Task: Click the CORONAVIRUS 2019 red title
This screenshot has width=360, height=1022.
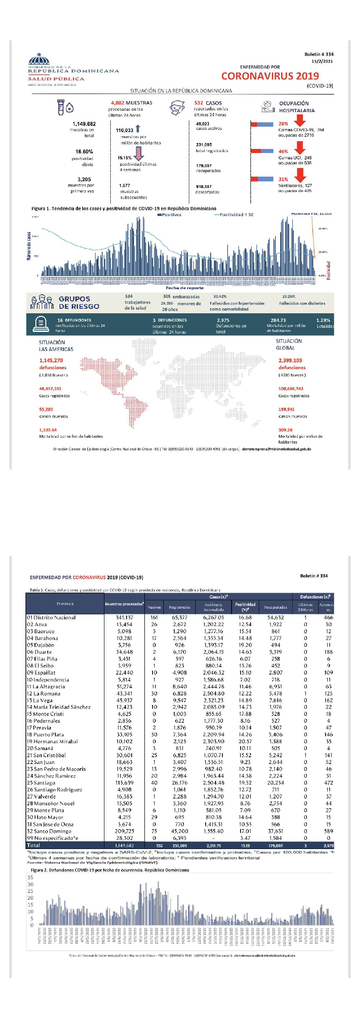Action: pyautogui.click(x=270, y=76)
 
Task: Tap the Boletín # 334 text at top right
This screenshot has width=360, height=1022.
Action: pyautogui.click(x=319, y=54)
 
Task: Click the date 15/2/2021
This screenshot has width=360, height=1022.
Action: pyautogui.click(x=322, y=61)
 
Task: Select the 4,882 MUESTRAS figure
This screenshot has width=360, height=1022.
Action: pyautogui.click(x=132, y=103)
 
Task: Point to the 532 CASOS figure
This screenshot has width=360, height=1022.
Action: pyautogui.click(x=208, y=103)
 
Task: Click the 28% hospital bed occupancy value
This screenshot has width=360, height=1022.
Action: pyautogui.click(x=283, y=123)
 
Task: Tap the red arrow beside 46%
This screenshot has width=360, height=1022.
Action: pyautogui.click(x=300, y=148)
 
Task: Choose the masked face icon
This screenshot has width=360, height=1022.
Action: pyautogui.click(x=178, y=108)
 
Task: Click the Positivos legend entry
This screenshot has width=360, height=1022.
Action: pyautogui.click(x=169, y=215)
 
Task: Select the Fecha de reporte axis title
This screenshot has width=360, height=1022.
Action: pyautogui.click(x=184, y=288)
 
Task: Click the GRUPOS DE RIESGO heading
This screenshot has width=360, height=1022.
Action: pyautogui.click(x=78, y=302)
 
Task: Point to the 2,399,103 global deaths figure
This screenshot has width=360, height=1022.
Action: pyautogui.click(x=290, y=360)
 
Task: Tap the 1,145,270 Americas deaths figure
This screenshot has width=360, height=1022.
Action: pyautogui.click(x=51, y=360)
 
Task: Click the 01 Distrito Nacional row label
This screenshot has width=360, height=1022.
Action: pyautogui.click(x=51, y=617)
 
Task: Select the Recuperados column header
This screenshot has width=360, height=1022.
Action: pyautogui.click(x=276, y=607)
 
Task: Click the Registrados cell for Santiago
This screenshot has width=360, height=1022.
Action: pyautogui.click(x=179, y=783)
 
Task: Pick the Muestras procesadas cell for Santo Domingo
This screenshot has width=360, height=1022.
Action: pyautogui.click(x=125, y=831)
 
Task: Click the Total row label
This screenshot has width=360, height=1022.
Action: pyautogui.click(x=34, y=845)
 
